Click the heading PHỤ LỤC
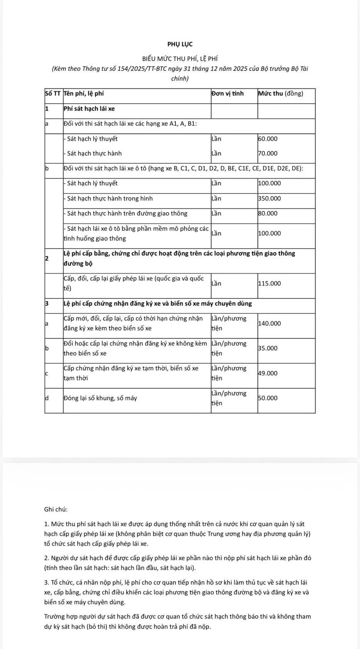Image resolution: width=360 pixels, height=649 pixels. tap(180, 44)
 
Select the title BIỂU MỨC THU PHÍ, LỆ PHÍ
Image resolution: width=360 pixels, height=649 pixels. tap(180, 59)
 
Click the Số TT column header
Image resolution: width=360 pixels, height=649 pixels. tap(53, 94)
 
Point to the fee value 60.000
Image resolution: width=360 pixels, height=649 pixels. tap(268, 139)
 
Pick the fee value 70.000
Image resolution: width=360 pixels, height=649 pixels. tap(268, 153)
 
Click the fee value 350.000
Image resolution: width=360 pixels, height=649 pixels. tap(269, 199)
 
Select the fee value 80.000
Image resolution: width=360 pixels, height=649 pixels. tap(268, 213)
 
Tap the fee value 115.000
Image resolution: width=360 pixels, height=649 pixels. tap(269, 283)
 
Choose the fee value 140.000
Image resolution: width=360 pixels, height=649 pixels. tap(269, 323)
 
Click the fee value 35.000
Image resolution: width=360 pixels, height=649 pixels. tap(268, 348)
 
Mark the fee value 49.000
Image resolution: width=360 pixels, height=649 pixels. tap(268, 373)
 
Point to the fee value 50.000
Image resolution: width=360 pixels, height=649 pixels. tap(268, 398)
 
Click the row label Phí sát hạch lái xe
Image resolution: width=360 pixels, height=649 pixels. tap(89, 109)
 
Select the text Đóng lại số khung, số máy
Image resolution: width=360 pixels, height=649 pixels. tap(100, 398)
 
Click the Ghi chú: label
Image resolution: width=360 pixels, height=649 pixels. tap(56, 509)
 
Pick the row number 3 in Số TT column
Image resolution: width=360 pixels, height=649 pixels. tap(47, 303)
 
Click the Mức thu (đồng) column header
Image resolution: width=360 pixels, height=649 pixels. tap(280, 94)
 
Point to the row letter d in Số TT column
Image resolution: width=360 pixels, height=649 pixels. tap(47, 398)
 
